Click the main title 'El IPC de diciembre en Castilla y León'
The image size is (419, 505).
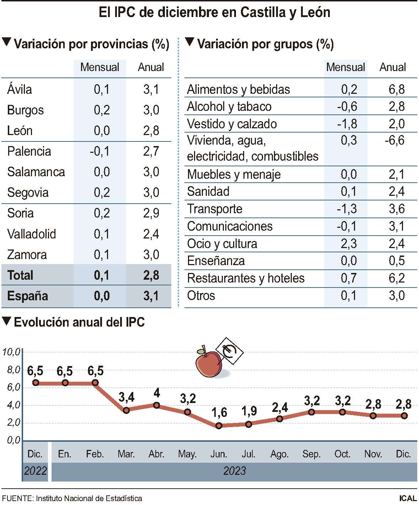point(214,12)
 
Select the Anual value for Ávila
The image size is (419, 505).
point(151,90)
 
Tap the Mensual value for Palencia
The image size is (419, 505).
point(100,151)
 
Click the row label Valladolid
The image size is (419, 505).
point(32,234)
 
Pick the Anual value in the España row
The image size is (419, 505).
point(151,296)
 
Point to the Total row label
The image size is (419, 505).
point(20,275)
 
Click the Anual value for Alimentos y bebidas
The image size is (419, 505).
point(396,90)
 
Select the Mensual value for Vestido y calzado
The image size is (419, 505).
point(347,124)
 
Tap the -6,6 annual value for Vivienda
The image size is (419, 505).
point(394,140)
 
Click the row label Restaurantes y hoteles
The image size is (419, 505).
point(246,278)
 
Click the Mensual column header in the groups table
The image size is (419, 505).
point(345,67)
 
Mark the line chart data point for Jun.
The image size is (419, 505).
point(219,425)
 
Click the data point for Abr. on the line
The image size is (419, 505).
point(156,405)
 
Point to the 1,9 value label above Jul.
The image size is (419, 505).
point(249,411)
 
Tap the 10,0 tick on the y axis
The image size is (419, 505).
point(11,352)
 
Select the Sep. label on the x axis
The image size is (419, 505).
point(311,454)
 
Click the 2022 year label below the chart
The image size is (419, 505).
point(35,471)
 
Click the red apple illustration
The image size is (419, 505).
point(209,364)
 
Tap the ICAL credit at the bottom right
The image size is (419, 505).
point(407,498)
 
